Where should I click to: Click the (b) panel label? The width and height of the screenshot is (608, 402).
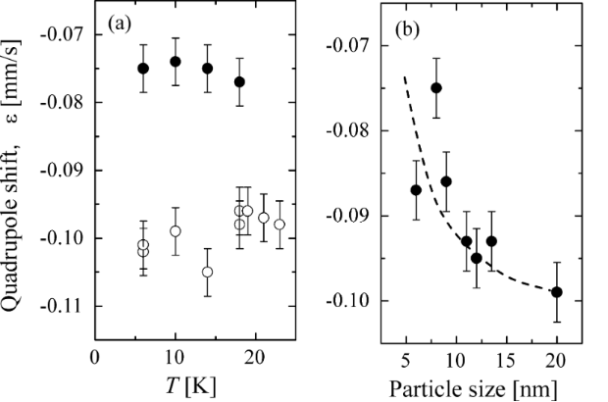[x=409, y=28]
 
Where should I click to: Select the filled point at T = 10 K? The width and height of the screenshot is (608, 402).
[x=176, y=61]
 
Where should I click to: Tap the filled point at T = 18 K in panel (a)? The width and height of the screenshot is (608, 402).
[x=239, y=81]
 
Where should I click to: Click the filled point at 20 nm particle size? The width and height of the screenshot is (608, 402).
[x=556, y=291]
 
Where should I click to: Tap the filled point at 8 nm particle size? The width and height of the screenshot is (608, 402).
[x=435, y=87]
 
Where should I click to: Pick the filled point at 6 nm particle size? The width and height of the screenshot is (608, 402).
[x=416, y=189]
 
